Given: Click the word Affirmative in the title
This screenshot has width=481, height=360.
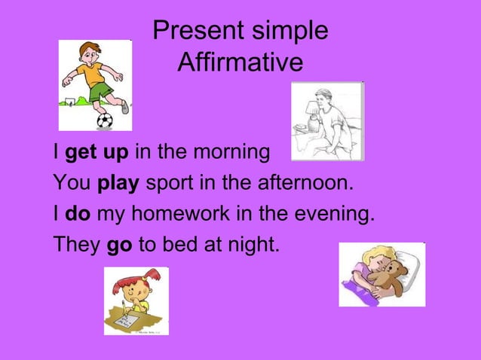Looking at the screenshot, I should coord(240,63).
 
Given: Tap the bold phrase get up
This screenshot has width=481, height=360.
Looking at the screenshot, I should coord(97,154).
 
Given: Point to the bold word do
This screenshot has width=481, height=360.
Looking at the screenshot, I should coord(78,215).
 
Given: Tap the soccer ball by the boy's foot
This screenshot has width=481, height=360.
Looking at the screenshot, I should coord(104,121).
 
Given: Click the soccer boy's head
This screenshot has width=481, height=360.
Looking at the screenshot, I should coord(91,53).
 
